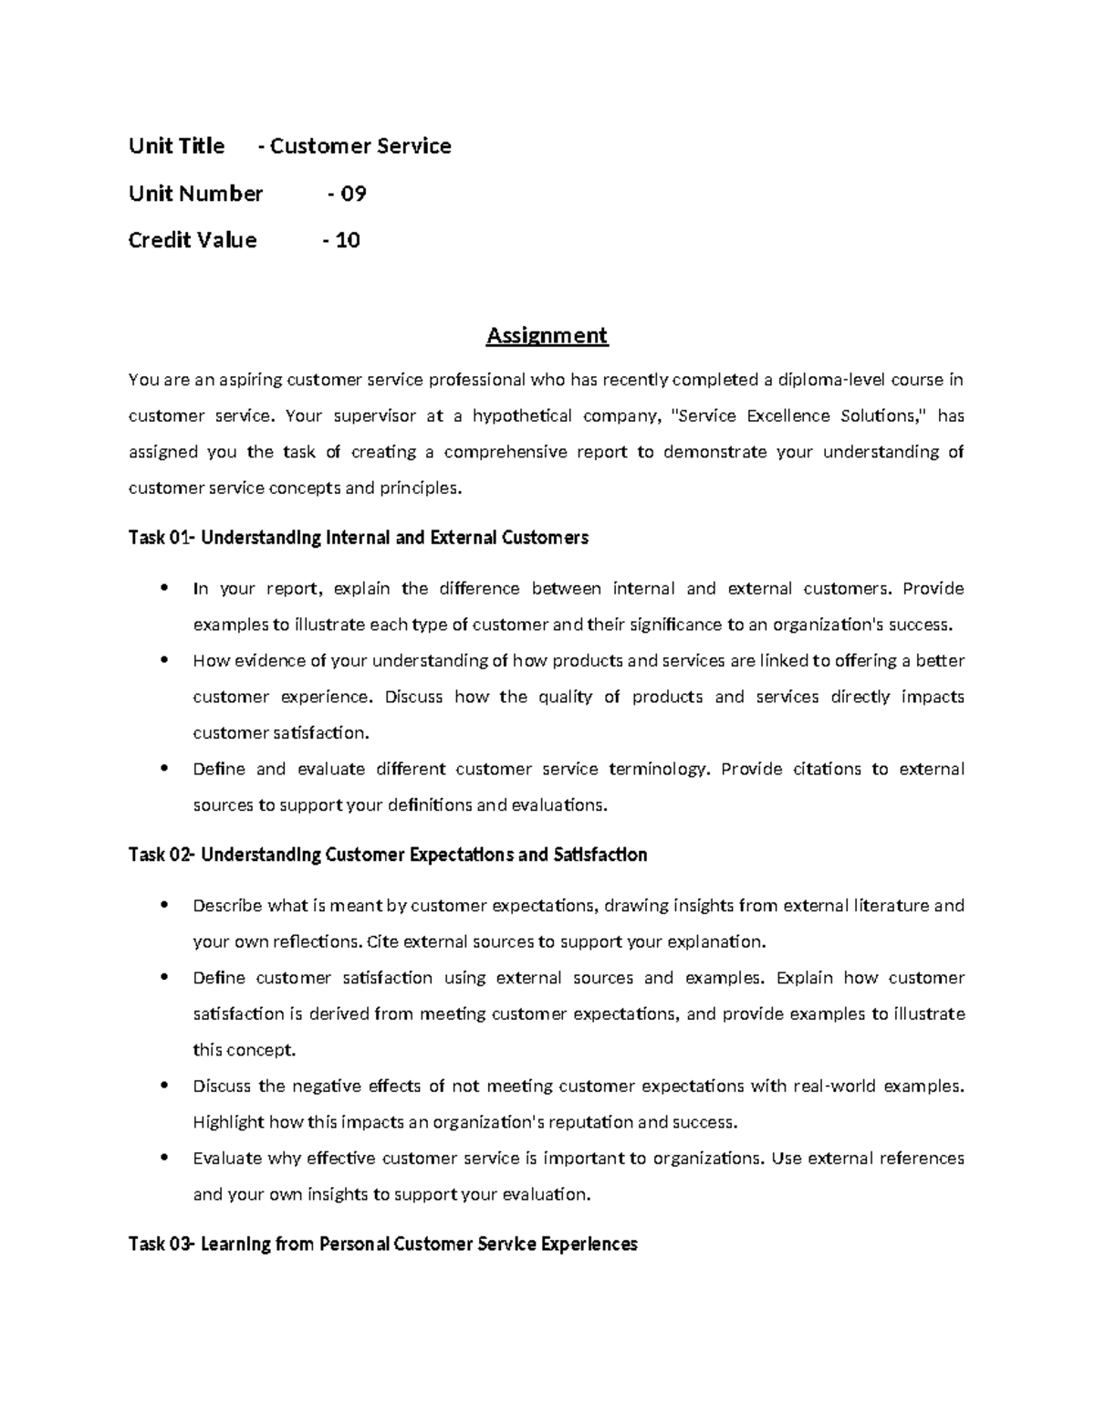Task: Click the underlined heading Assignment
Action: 547,336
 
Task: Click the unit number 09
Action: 353,194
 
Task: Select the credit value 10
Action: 348,240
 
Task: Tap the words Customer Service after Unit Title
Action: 360,146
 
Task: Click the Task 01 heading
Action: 358,538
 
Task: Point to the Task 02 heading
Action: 388,855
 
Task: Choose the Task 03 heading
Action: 382,1244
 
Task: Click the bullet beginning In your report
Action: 163,588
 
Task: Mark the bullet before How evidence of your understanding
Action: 163,660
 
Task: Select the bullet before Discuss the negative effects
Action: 163,1086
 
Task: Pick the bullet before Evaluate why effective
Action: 163,1158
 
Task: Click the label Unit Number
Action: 195,194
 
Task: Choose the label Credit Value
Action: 193,240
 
